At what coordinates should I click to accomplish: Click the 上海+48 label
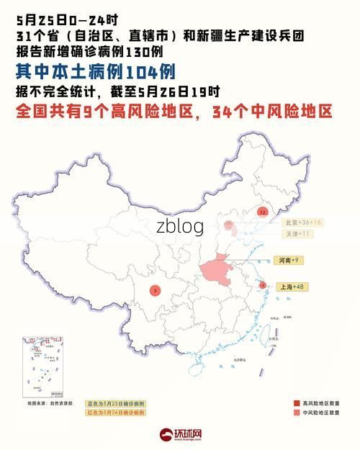pyautogui.click(x=292, y=287)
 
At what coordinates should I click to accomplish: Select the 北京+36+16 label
pyautogui.click(x=302, y=222)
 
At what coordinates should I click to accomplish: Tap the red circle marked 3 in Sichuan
pyautogui.click(x=156, y=290)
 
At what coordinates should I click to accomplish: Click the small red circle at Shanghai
pyautogui.click(x=263, y=285)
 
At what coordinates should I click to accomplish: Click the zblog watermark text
pyautogui.click(x=180, y=227)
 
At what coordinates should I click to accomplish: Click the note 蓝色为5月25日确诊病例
pyautogui.click(x=116, y=404)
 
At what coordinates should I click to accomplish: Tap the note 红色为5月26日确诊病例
pyautogui.click(x=116, y=413)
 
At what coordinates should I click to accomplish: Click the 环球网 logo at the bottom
pyautogui.click(x=180, y=435)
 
